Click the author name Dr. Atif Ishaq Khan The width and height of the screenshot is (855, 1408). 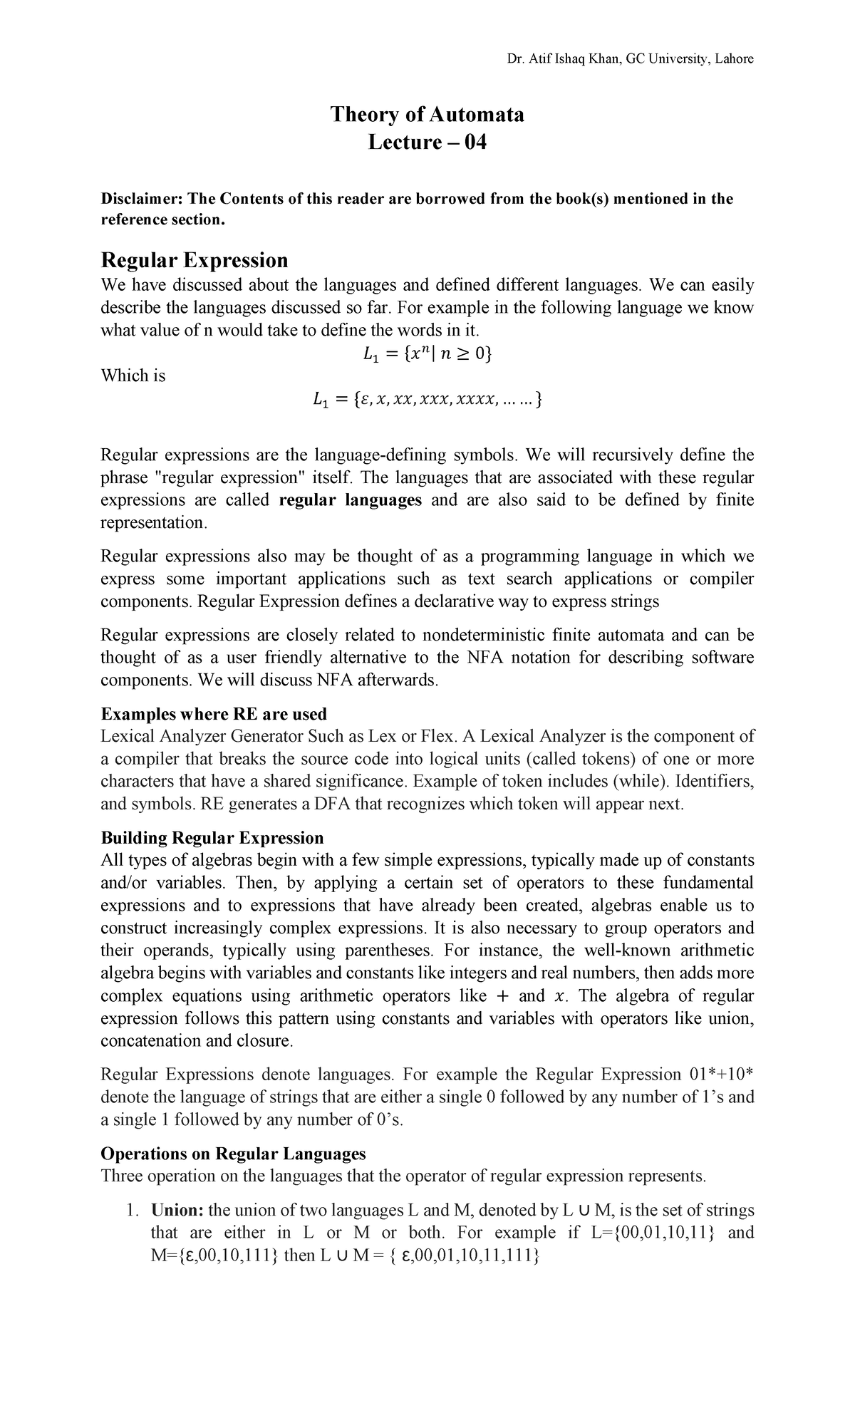[564, 59]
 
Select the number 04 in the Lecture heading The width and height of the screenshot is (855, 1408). [475, 143]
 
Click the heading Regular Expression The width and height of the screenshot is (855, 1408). [195, 259]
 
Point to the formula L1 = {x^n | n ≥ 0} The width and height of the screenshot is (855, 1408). [427, 353]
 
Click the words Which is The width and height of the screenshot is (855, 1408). [133, 376]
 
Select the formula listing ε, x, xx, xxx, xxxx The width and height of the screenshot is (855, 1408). [427, 401]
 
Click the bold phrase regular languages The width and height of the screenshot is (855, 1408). [351, 500]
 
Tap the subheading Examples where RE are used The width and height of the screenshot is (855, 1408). [214, 714]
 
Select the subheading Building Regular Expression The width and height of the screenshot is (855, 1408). [212, 837]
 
